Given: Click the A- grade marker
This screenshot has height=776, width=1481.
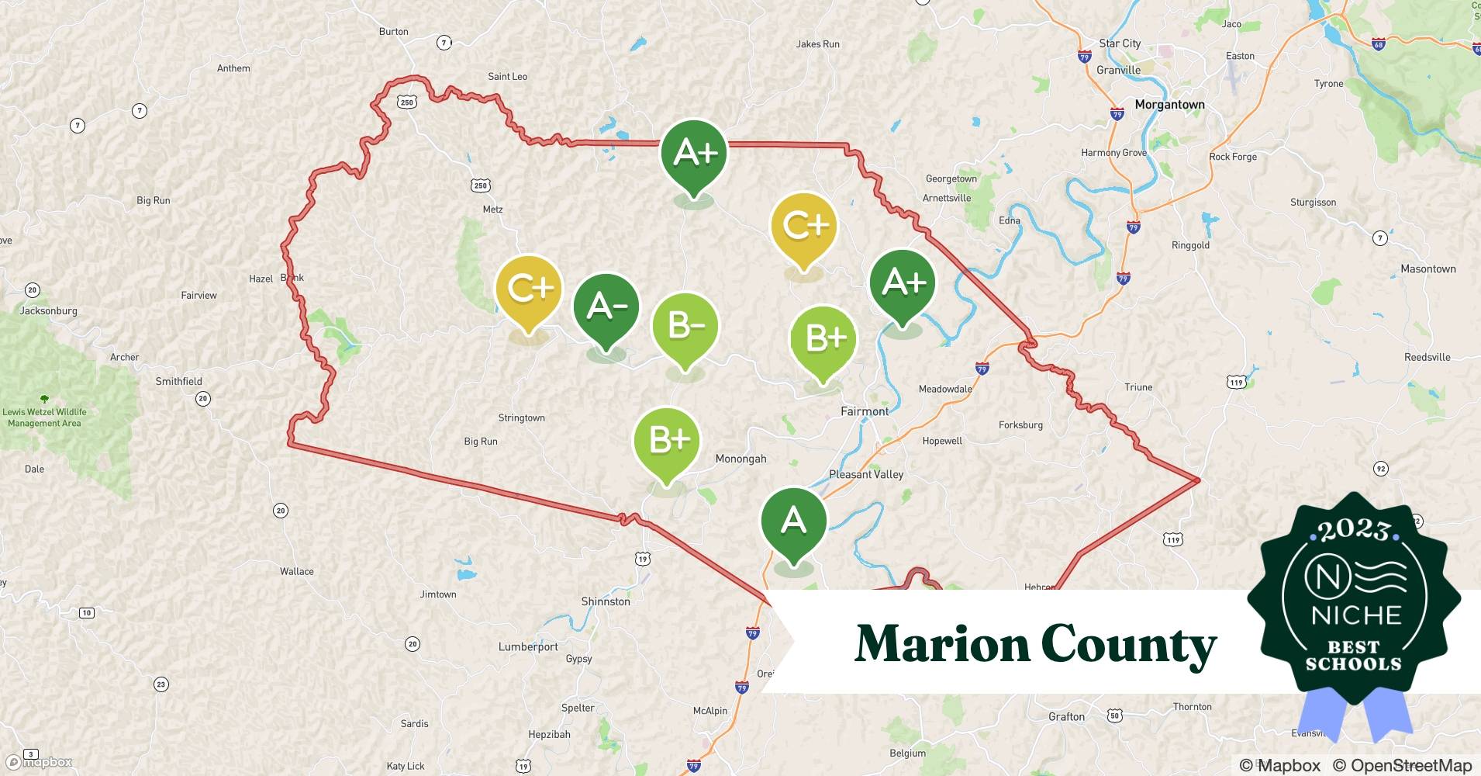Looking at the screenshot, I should coord(606,308).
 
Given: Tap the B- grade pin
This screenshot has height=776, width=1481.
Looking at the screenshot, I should coord(685,327).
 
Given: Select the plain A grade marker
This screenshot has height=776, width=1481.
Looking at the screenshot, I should coord(793,521).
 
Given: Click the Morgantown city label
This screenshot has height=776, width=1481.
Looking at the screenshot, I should coord(1169,105).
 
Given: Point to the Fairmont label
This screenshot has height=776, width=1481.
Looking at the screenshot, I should coord(865,411).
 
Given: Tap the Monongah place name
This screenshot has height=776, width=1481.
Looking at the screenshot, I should coord(740,459).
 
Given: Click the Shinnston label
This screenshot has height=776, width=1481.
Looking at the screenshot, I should coord(606,601).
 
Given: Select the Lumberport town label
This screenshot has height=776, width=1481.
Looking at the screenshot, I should coord(528,646).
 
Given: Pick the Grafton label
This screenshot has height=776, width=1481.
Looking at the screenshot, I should coord(1066,716).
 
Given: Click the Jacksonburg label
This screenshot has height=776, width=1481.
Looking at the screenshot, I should coord(48,310).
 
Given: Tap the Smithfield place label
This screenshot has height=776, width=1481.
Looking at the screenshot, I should coord(178,381).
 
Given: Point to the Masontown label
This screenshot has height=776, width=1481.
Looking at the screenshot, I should coord(1427,268).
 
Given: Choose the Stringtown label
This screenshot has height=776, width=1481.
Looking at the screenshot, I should coord(521,417).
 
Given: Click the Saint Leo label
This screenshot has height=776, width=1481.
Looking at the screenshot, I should coord(507,76).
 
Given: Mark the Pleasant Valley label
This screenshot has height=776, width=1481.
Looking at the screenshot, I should coord(866,474).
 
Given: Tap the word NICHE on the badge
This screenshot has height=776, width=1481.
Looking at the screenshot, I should coord(1356,616).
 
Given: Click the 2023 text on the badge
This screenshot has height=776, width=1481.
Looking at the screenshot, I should coord(1353,531).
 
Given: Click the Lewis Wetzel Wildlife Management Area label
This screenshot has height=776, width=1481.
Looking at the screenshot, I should coord(44,417).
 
